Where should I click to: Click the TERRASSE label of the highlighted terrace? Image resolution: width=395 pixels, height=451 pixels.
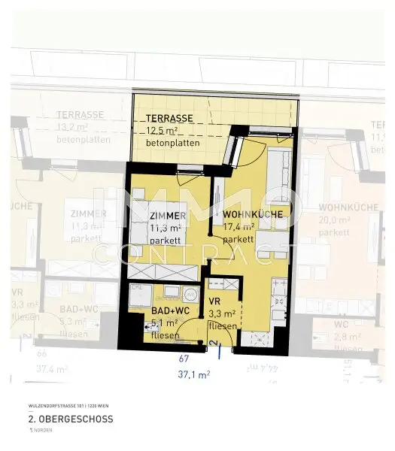click(x=169, y=119)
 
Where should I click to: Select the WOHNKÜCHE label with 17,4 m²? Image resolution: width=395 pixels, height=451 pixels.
click(x=252, y=215)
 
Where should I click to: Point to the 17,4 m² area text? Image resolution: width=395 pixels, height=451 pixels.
click(x=239, y=227)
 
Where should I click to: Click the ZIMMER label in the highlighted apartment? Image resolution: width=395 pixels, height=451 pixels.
click(x=168, y=216)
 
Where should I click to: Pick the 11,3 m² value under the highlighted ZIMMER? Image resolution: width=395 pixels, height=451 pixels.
click(x=165, y=228)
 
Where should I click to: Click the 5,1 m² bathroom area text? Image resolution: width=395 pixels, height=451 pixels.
click(x=165, y=322)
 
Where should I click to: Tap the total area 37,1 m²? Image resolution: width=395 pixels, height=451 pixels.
click(x=193, y=373)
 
